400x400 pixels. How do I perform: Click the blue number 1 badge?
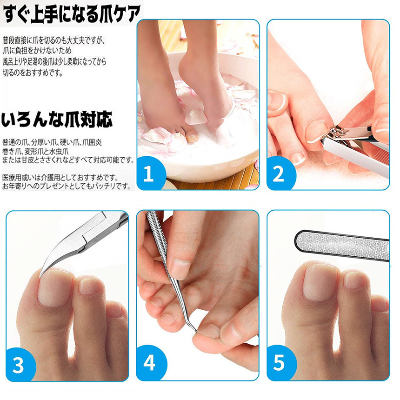(x=149, y=173)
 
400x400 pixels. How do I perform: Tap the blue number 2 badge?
(x=280, y=173)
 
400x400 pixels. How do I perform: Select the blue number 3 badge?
(x=18, y=365)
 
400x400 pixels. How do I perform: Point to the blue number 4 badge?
(x=149, y=363)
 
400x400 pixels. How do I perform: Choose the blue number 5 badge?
(x=280, y=363)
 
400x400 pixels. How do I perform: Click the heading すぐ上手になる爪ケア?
(x=72, y=14)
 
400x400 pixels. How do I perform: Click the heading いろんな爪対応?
(x=57, y=119)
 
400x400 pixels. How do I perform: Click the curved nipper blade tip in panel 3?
(x=41, y=275)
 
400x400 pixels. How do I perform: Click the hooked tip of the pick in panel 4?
(x=195, y=331)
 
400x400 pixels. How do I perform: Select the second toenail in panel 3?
(x=88, y=286)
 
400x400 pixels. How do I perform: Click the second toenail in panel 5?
(x=353, y=280)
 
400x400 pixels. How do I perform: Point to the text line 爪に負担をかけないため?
(x=37, y=51)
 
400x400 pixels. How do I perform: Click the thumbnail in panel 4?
(x=180, y=269)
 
